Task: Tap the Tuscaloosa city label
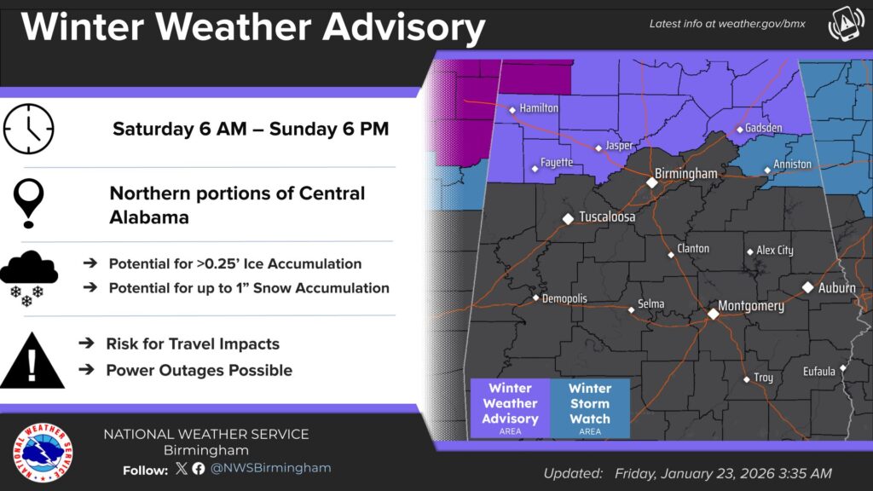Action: pos(607,217)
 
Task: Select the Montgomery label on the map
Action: pos(751,306)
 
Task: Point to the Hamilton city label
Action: pos(540,108)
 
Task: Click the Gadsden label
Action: pos(764,128)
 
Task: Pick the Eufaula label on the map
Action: pos(819,372)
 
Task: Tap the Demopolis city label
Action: pos(565,298)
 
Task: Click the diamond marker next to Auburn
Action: pos(807,287)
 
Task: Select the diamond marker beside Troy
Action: pos(746,378)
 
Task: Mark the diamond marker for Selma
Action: pos(631,309)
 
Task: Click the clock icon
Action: pos(28,129)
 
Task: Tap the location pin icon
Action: pos(30,203)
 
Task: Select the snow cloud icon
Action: pos(28,277)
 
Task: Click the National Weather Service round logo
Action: pos(43,452)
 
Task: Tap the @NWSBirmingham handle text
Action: pos(271,468)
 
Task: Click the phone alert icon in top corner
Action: pos(845,26)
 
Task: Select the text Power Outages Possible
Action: pos(199,370)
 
